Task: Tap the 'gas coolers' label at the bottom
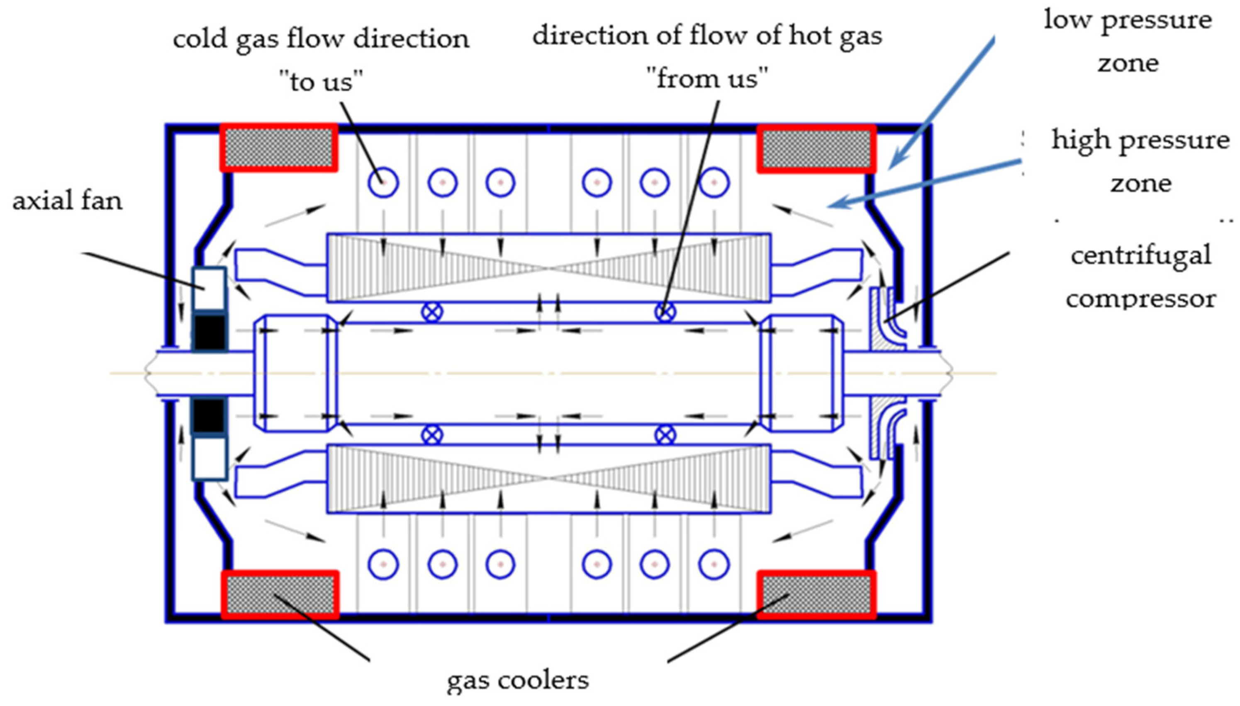[517, 680]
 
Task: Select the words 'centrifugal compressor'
[1140, 277]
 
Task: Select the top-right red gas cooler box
[816, 149]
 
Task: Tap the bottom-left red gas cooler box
[280, 595]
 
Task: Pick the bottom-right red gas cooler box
[816, 595]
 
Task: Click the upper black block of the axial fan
[210, 332]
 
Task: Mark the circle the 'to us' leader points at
[383, 183]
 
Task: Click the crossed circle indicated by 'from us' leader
[665, 312]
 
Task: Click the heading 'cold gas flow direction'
[321, 39]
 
